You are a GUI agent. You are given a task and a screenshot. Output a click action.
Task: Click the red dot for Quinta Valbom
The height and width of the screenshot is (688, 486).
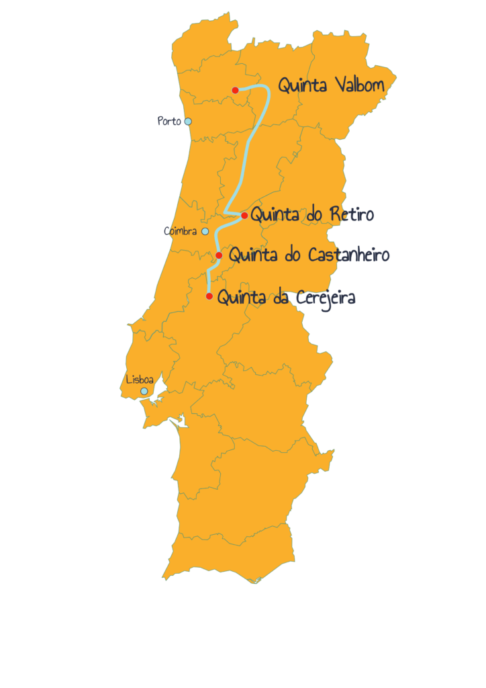point(235,90)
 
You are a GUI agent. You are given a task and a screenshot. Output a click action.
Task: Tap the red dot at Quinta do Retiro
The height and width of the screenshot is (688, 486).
point(244,216)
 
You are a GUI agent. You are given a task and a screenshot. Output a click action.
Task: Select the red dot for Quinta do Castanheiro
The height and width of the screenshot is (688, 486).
point(219,255)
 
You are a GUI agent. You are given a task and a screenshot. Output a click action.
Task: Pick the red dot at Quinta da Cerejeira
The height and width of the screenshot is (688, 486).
point(209,296)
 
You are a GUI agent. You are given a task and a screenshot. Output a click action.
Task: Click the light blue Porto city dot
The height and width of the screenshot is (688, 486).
point(188,122)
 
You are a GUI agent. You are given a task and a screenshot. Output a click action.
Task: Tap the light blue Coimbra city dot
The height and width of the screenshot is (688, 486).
point(205,232)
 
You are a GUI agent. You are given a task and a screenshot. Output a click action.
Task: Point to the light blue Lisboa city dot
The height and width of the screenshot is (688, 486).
point(144,391)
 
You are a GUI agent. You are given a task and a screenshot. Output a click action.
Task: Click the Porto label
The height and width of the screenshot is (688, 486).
point(168,121)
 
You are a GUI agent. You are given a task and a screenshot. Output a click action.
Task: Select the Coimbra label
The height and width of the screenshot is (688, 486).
point(180,231)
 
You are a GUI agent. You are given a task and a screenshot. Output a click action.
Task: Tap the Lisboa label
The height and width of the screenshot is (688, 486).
point(140,380)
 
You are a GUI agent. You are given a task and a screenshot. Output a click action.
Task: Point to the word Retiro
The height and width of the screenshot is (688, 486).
point(351,214)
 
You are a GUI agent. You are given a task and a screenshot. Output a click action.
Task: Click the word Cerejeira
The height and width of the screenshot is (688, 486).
point(322,297)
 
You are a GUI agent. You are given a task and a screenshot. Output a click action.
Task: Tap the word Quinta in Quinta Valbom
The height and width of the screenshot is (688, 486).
point(302,86)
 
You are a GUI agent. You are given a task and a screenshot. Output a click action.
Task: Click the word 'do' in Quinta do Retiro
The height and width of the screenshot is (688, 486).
point(313,215)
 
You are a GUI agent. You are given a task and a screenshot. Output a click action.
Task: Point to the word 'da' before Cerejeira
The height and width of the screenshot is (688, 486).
point(280,297)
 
